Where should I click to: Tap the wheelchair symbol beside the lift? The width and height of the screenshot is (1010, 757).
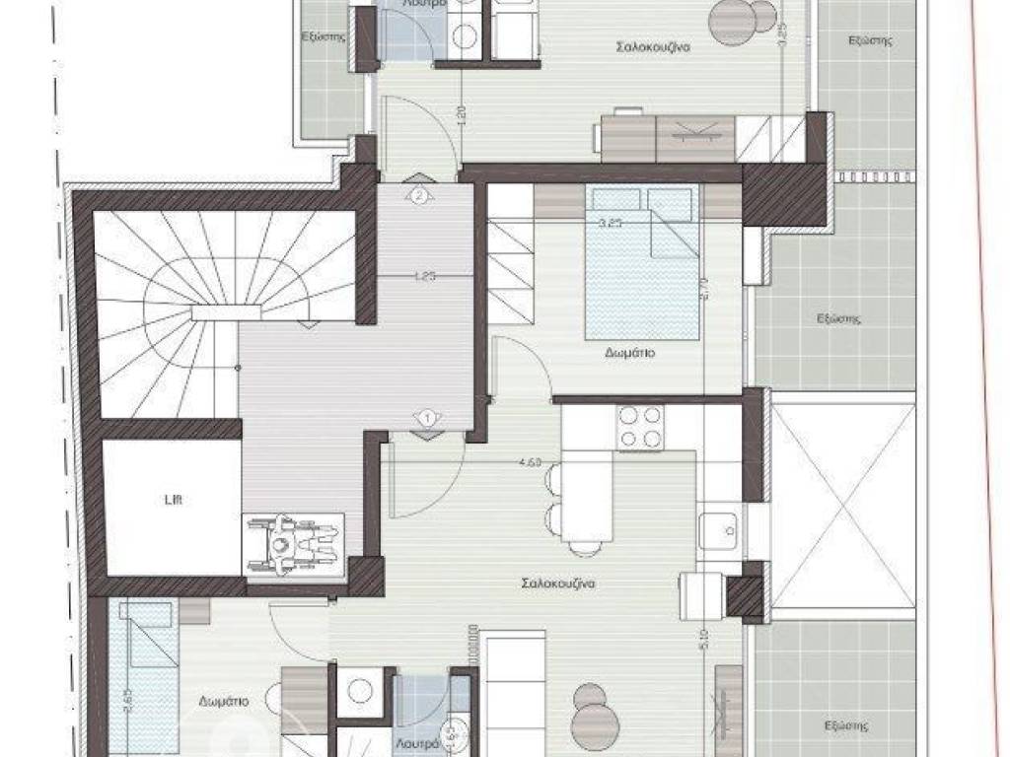293,542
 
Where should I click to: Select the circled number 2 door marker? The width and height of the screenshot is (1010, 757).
419,195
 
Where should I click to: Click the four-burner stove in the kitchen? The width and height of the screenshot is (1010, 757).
641,427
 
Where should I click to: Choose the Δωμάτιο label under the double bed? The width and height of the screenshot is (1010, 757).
631,352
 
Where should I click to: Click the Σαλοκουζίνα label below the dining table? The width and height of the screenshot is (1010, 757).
558,583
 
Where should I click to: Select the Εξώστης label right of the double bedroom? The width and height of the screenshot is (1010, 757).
839,318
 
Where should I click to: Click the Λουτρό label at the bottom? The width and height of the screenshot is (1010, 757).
417,745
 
